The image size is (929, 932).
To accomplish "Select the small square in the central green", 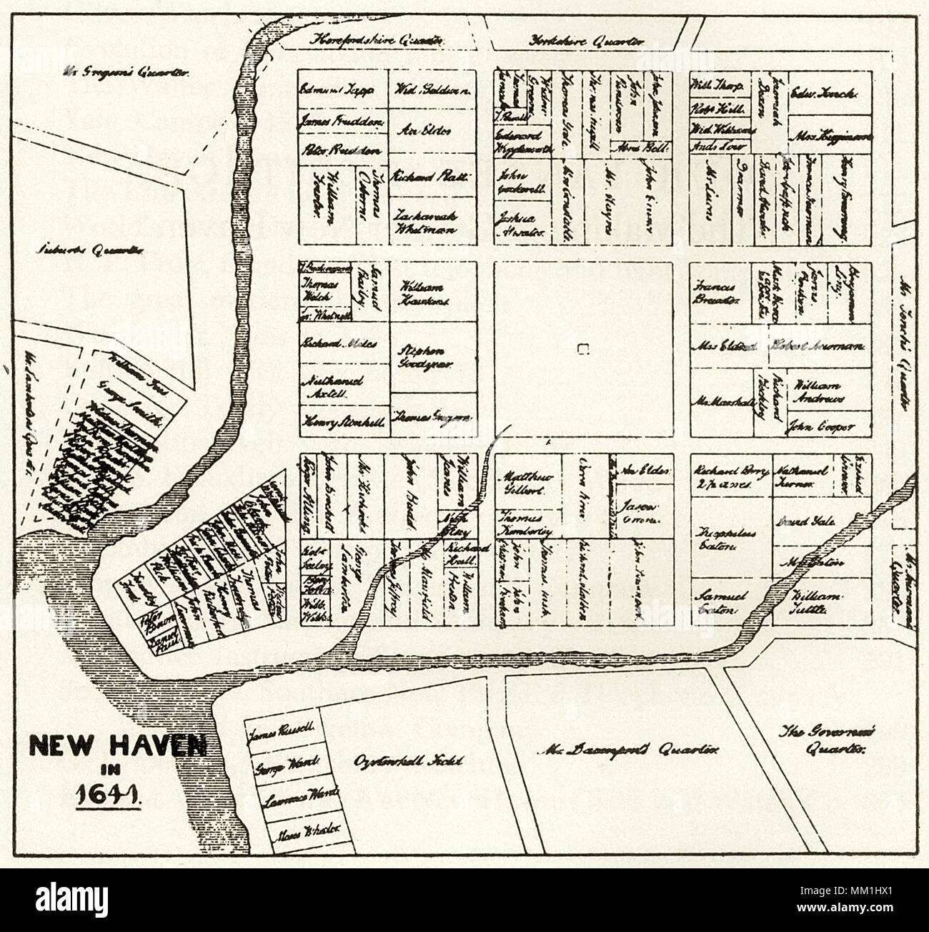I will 583,348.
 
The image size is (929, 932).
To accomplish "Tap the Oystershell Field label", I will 408,760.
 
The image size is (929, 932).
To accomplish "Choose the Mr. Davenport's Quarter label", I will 627,750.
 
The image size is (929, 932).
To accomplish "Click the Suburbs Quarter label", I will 91,250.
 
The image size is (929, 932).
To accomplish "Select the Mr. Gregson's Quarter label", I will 126,72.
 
